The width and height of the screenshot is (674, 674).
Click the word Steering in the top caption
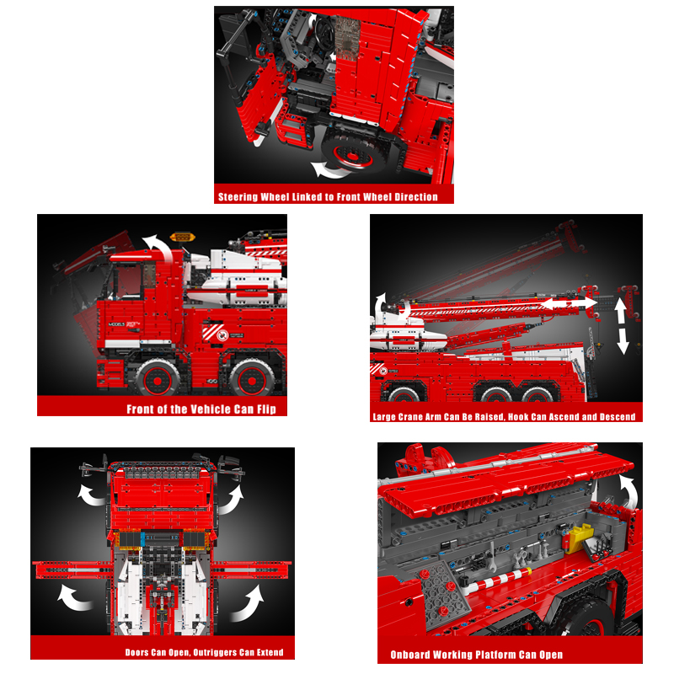(x=238, y=197)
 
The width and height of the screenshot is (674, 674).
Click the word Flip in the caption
(x=266, y=409)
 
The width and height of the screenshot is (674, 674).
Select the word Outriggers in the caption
(x=215, y=652)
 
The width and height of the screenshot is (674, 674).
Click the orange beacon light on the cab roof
(x=183, y=237)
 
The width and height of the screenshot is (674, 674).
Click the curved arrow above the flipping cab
(x=158, y=247)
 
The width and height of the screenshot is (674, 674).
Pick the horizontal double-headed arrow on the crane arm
(x=568, y=303)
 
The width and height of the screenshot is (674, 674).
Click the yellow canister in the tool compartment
(x=578, y=538)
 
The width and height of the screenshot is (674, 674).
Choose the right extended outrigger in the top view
(x=251, y=570)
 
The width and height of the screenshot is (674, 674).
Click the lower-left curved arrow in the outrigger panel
(x=74, y=597)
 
